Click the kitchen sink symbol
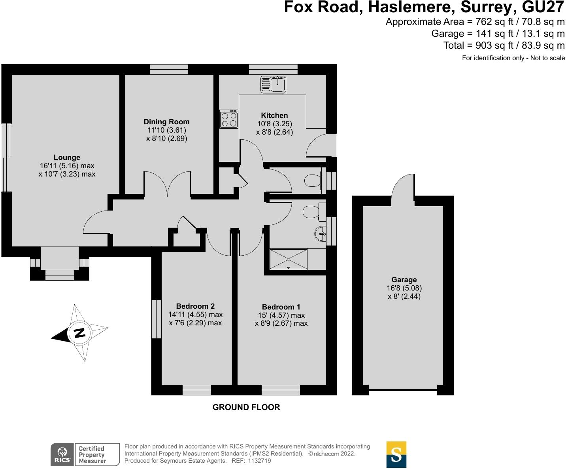click(273, 84)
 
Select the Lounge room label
click(67, 158)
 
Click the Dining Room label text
click(166, 122)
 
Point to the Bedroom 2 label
click(195, 306)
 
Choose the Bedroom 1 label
click(281, 307)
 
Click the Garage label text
click(404, 279)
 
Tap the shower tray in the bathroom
click(288, 259)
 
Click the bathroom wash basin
click(321, 234)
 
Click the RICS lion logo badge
click(62, 454)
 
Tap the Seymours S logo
click(396, 454)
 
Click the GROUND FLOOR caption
click(246, 407)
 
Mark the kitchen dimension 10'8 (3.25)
click(274, 124)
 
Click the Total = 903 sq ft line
click(504, 46)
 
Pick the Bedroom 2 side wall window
click(157, 319)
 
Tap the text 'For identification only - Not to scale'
click(513, 58)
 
